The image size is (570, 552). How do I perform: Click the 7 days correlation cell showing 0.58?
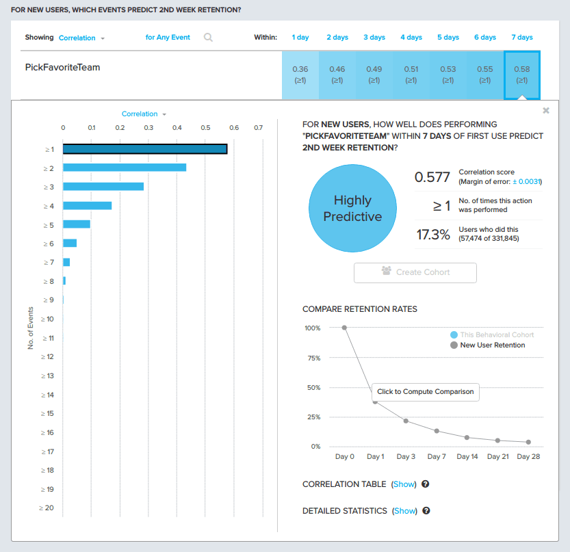click(521, 74)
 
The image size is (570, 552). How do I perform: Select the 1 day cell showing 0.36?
click(300, 74)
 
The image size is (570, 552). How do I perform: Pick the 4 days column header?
click(411, 38)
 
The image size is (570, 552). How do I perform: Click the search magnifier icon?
click(208, 38)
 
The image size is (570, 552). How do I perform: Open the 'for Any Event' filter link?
click(168, 38)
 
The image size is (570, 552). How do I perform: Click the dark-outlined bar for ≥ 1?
click(145, 149)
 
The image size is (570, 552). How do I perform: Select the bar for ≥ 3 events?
click(103, 187)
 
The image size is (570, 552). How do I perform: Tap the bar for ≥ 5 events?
click(77, 224)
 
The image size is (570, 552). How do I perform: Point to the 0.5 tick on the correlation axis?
click(205, 127)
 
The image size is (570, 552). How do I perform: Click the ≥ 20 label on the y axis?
click(47, 508)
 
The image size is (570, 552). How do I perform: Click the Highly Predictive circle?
click(352, 209)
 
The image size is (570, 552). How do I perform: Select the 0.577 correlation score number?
click(432, 177)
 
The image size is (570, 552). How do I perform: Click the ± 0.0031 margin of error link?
click(527, 181)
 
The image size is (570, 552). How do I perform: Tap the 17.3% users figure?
click(433, 235)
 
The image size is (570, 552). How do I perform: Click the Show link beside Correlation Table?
click(404, 484)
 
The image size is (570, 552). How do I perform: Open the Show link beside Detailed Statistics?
click(404, 511)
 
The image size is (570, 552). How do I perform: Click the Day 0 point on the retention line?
click(344, 328)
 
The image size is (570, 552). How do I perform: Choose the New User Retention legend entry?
click(492, 345)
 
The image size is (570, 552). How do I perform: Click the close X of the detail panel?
click(545, 110)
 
